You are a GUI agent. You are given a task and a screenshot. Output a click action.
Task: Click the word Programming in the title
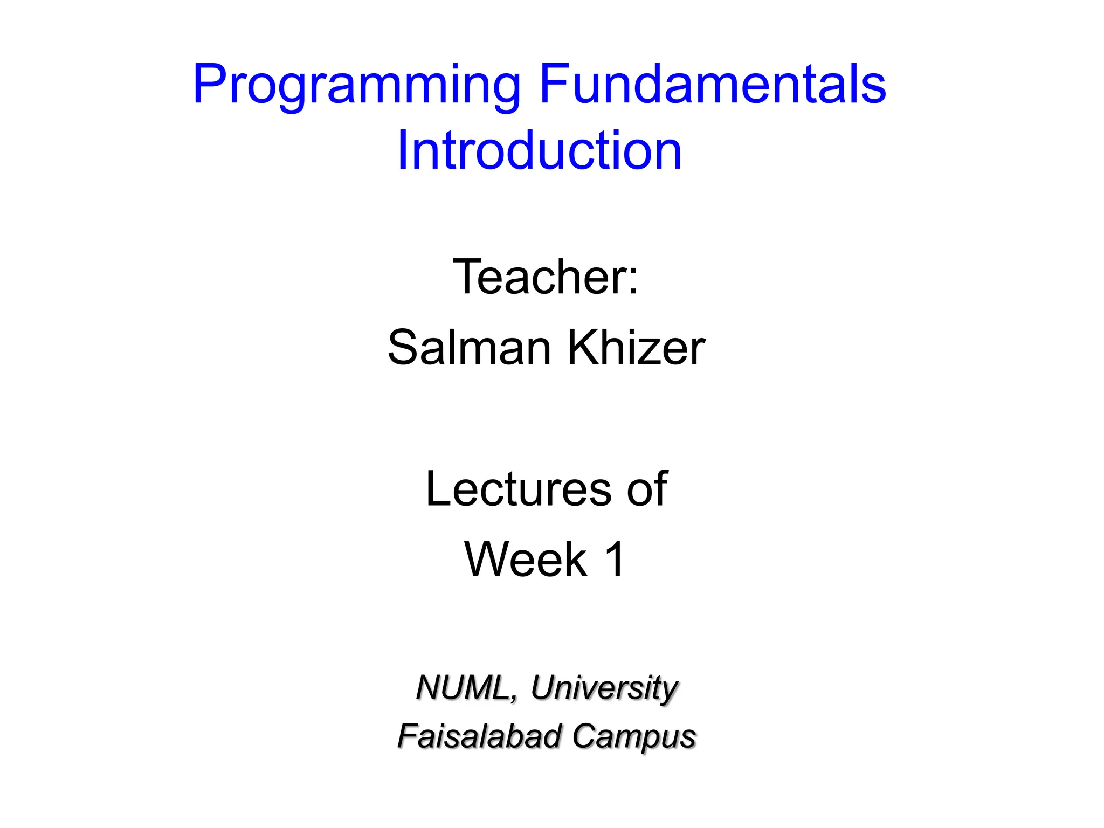click(x=356, y=86)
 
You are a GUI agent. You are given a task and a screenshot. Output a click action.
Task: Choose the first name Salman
click(x=469, y=348)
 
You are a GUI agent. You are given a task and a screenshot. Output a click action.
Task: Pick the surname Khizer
click(x=636, y=348)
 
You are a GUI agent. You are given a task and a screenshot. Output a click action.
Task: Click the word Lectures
click(x=518, y=489)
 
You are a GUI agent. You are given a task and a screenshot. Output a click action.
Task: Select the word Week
click(x=526, y=560)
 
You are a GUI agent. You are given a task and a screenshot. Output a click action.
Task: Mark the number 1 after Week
click(x=615, y=560)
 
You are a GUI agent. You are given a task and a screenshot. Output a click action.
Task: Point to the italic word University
click(x=604, y=689)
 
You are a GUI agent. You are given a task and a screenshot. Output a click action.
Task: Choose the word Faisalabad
click(x=479, y=736)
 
